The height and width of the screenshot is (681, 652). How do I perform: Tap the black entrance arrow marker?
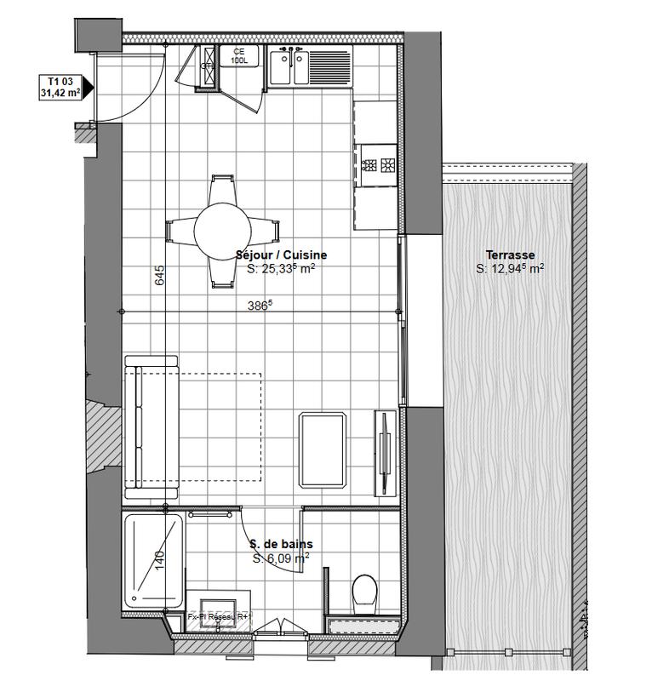tap(87, 87)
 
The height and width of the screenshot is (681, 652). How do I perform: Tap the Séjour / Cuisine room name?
tap(281, 255)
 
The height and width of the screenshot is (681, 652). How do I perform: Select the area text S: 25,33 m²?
tap(281, 269)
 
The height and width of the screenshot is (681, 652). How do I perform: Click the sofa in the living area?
tap(152, 426)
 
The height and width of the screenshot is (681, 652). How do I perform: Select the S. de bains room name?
tap(281, 544)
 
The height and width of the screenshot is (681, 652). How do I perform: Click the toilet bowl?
tap(365, 590)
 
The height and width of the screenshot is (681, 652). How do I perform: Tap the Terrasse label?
tap(510, 255)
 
